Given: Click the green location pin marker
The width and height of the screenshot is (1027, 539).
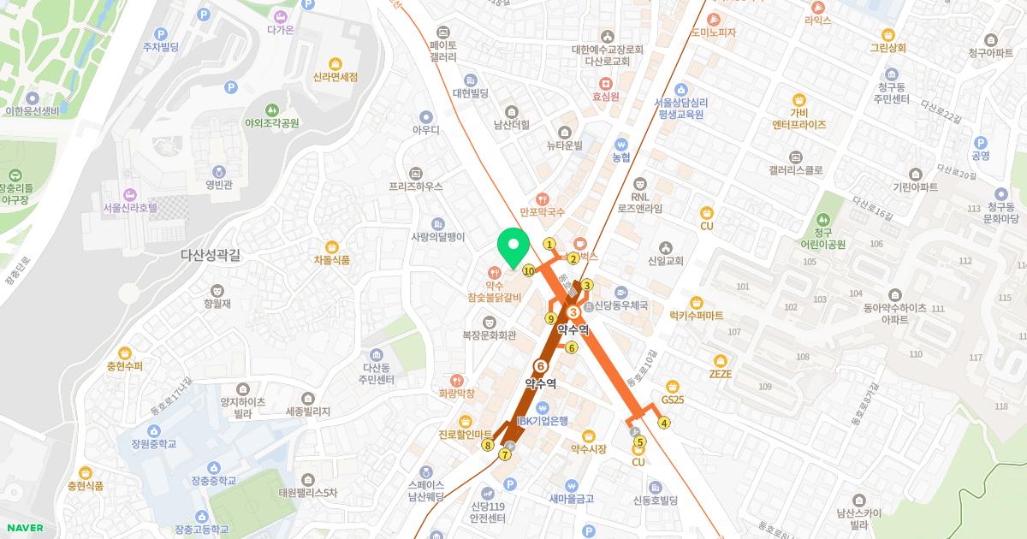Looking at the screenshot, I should coord(513,248).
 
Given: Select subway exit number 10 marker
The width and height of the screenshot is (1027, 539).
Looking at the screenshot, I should coord(529,271).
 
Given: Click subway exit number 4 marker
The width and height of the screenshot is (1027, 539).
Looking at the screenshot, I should coord(663,422).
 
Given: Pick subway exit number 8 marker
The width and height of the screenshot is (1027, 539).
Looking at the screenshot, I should coord(488,445).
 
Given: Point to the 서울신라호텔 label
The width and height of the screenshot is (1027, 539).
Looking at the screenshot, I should coord(130,207).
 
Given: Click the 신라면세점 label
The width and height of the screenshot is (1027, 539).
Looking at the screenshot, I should coord(335,76).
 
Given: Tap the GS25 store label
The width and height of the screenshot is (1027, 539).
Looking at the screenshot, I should coord(673,399).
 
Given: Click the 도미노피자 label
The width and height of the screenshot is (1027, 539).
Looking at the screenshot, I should coord(714,33).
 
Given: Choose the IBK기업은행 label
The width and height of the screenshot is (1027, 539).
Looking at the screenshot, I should coord(543,420).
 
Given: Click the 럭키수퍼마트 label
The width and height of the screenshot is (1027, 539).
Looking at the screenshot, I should coord(696,315).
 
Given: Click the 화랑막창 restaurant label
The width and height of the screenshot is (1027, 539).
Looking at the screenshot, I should coord(456,394).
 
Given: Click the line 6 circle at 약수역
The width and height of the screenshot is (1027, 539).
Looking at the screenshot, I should coord(540,366).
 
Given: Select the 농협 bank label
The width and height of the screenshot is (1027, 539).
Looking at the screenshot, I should coord(621,157).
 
